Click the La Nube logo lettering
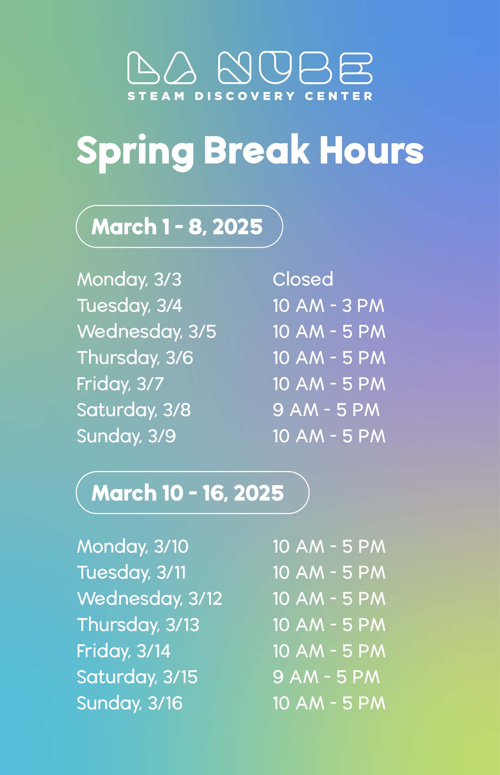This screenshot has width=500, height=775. tap(250, 68)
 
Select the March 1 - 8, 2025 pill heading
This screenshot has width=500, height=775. tap(179, 226)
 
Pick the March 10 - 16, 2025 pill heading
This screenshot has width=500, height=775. tap(193, 493)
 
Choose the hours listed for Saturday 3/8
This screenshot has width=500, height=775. tap(326, 410)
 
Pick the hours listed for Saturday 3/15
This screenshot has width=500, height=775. tap(326, 677)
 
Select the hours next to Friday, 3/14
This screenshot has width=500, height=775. tap(329, 651)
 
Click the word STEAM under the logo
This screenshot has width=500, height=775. tap(156, 96)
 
